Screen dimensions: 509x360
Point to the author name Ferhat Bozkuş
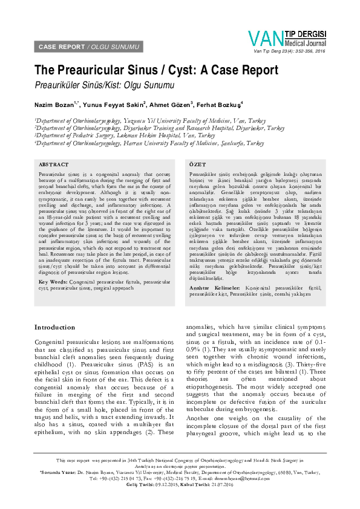(218, 105)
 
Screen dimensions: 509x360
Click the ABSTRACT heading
(53, 164)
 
